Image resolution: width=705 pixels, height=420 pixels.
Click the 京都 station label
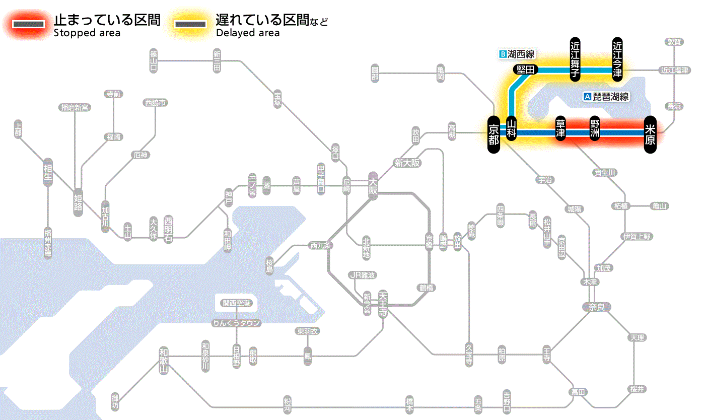(x=493, y=133)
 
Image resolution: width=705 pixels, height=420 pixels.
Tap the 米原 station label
(x=650, y=134)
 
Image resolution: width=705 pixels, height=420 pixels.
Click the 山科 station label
(x=511, y=130)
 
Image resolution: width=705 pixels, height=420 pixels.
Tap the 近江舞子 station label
(x=575, y=59)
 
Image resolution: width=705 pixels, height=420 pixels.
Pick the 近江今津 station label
(x=617, y=59)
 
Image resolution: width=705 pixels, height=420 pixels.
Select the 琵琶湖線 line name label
(x=606, y=97)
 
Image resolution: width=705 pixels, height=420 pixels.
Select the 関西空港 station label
(x=236, y=303)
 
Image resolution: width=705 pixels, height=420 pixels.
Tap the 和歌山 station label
(x=163, y=361)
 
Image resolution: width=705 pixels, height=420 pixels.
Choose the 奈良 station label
(x=596, y=306)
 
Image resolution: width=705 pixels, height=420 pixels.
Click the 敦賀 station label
(x=675, y=42)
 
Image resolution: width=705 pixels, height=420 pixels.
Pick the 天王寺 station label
(x=383, y=303)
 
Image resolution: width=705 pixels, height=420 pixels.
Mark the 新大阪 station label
(x=407, y=163)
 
